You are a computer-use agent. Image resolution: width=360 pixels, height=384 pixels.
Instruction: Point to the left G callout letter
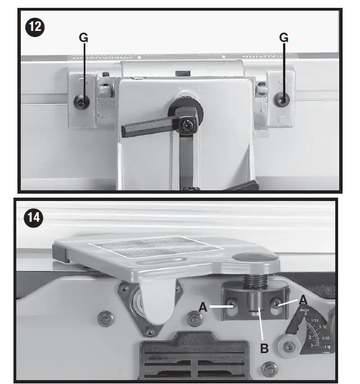click(x=83, y=38)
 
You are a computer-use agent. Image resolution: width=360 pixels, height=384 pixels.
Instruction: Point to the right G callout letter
click(x=284, y=38)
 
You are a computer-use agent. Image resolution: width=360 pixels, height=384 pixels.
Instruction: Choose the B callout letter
click(x=264, y=348)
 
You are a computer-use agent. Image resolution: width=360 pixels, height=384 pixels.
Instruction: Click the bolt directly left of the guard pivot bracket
click(x=105, y=318)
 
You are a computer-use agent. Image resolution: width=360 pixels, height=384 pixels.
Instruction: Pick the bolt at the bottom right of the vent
click(x=270, y=371)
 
